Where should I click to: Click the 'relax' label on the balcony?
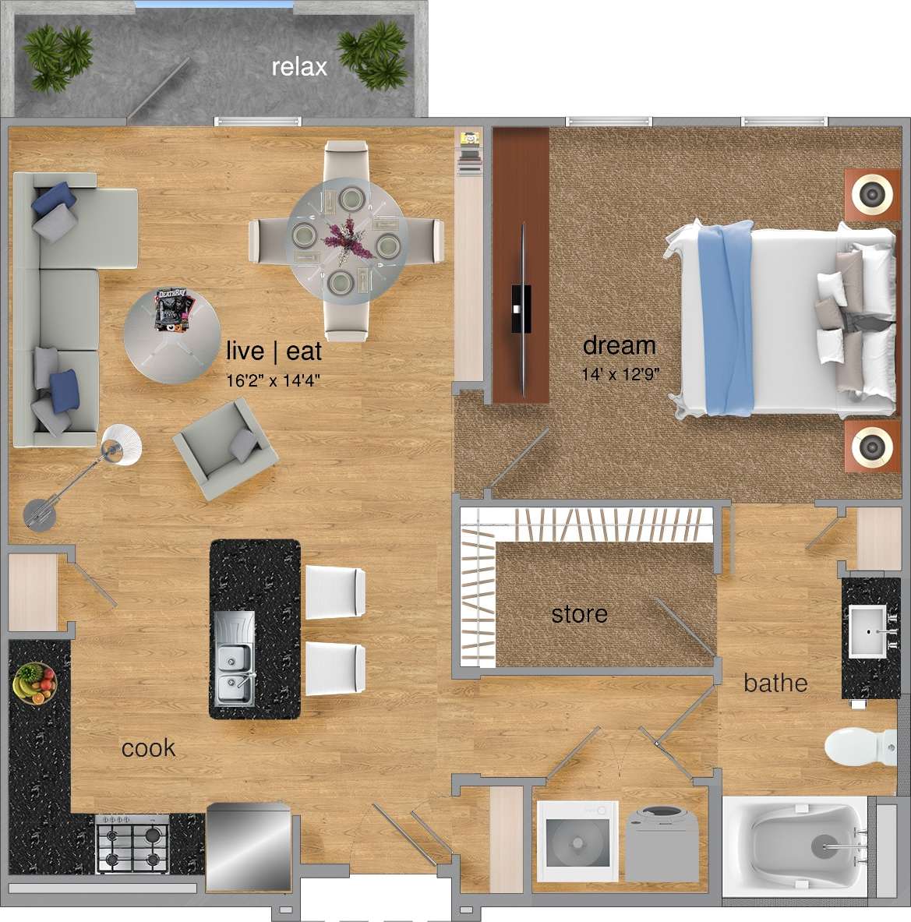coord(299,67)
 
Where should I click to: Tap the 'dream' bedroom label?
coord(619,345)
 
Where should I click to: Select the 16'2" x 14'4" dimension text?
coord(273,380)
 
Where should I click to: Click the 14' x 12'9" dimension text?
coord(620,374)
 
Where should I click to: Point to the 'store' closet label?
coord(579,614)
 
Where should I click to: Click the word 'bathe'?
coord(775,683)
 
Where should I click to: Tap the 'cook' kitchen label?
coord(148,748)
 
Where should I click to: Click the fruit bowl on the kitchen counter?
coord(34,683)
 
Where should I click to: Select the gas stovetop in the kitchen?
coord(132,843)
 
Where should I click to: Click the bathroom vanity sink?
coord(871,630)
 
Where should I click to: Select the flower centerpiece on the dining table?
coord(347,240)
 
